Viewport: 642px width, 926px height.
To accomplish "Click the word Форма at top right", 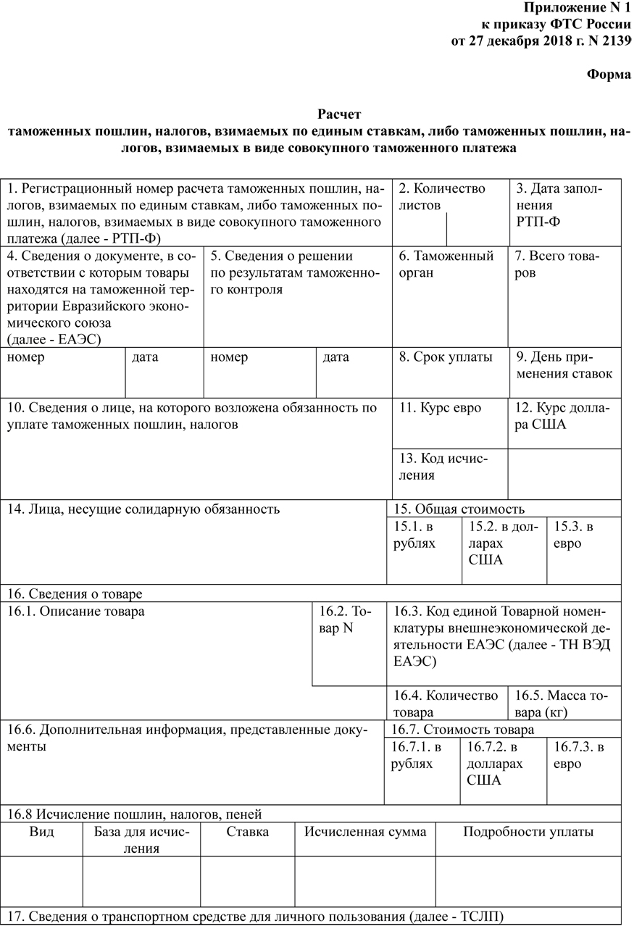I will pos(608,75).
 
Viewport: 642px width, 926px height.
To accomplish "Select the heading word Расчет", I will pos(338,114).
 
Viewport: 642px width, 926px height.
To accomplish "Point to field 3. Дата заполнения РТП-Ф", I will pos(558,205).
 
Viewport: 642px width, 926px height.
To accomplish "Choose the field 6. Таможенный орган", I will pos(446,264).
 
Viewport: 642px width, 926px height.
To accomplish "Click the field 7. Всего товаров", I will pos(557,264).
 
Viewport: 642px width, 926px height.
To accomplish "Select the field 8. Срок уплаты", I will pos(446,357).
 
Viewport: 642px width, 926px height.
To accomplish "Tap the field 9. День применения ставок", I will pos(564,366).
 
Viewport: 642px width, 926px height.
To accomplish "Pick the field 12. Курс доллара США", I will pos(563,417).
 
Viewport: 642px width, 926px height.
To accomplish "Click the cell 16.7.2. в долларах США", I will pos(494,763).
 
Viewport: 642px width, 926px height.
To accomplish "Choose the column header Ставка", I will pos(247,832).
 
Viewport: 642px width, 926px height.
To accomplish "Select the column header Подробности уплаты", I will pos(528,832).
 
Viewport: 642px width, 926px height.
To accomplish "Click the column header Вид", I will pos(41,832).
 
